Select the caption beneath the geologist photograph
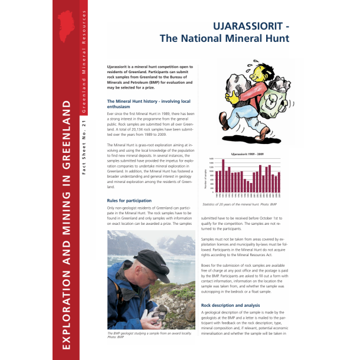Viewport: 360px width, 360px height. click(142, 336)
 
